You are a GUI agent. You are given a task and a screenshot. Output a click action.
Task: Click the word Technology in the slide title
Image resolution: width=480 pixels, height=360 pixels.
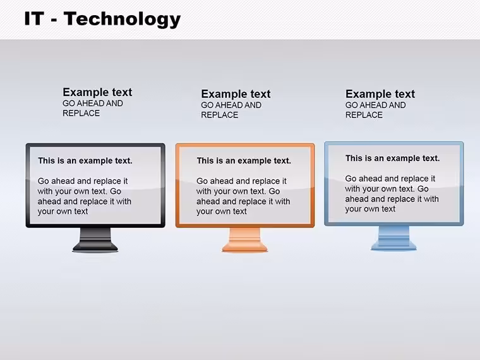(122, 19)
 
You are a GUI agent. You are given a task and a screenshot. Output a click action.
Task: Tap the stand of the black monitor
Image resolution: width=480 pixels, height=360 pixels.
(95, 240)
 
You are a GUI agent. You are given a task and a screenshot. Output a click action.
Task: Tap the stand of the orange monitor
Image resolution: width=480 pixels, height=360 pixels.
(245, 240)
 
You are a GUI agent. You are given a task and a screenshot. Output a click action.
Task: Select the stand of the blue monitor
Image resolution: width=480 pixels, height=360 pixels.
(393, 238)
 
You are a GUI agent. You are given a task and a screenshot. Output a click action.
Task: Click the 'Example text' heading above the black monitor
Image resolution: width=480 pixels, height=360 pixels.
(97, 92)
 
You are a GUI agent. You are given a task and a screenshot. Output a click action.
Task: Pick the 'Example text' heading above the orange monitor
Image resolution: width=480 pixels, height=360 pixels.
(236, 94)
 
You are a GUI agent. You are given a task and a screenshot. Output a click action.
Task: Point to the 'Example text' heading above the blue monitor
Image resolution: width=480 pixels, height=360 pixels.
(380, 94)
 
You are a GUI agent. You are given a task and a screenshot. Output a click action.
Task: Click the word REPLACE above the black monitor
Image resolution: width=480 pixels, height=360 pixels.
(81, 113)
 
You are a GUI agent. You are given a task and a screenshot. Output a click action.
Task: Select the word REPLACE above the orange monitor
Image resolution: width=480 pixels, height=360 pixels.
(220, 115)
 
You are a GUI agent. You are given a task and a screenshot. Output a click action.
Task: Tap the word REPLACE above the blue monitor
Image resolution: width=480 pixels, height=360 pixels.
(364, 115)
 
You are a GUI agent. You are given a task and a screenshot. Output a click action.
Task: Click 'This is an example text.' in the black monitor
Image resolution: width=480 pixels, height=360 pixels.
(85, 160)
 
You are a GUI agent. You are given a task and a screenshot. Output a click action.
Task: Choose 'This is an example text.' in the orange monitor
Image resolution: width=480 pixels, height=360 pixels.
(244, 160)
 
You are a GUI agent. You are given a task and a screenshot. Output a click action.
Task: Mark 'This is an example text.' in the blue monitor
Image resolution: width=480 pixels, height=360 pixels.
(392, 159)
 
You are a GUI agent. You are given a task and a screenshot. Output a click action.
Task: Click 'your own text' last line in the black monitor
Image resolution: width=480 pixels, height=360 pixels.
(63, 212)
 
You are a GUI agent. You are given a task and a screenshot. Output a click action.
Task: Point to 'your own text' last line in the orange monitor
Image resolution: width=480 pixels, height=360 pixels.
(222, 212)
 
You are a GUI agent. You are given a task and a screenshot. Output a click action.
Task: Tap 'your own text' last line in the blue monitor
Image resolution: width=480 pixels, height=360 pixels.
(370, 209)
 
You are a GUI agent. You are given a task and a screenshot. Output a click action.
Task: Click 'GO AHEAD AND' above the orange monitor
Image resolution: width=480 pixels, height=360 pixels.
(231, 105)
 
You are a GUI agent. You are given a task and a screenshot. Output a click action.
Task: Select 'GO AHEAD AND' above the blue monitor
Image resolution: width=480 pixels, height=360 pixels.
(376, 105)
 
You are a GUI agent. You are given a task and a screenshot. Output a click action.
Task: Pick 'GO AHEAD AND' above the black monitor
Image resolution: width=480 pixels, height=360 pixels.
(93, 104)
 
